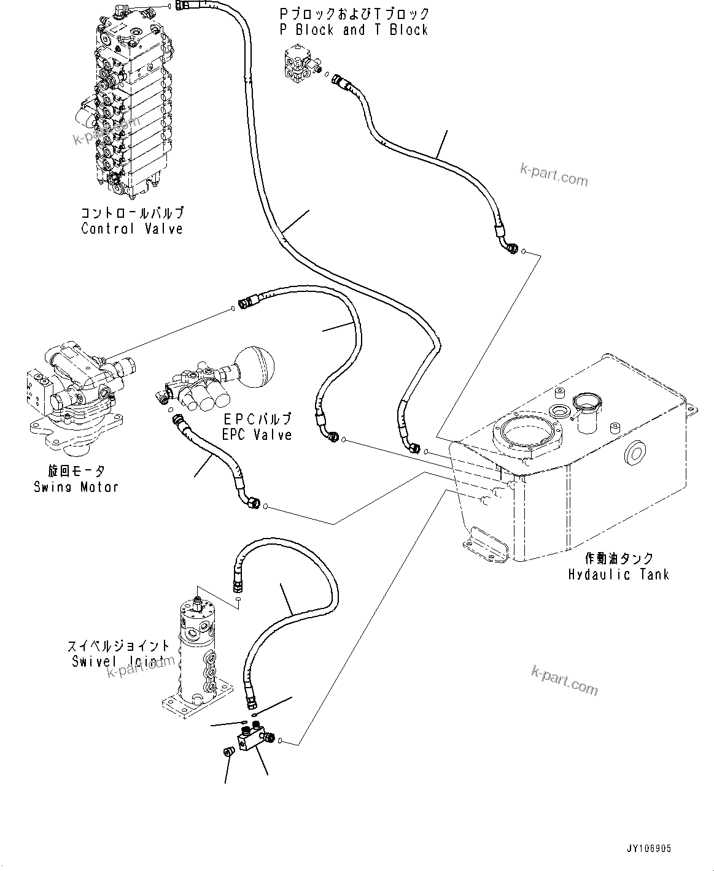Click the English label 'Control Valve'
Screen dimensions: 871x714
pyautogui.click(x=132, y=229)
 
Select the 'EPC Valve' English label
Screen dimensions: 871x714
pyautogui.click(x=257, y=434)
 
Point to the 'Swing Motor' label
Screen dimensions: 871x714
pyautogui.click(x=76, y=487)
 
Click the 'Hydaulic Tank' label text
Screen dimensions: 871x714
pyautogui.click(x=618, y=575)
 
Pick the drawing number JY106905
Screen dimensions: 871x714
pyautogui.click(x=649, y=849)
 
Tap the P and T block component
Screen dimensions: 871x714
pyautogui.click(x=300, y=67)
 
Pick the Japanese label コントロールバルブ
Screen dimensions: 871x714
pyautogui.click(x=132, y=213)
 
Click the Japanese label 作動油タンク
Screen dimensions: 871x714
pyautogui.click(x=618, y=559)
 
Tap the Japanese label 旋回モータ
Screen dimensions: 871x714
pyautogui.click(x=76, y=471)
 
